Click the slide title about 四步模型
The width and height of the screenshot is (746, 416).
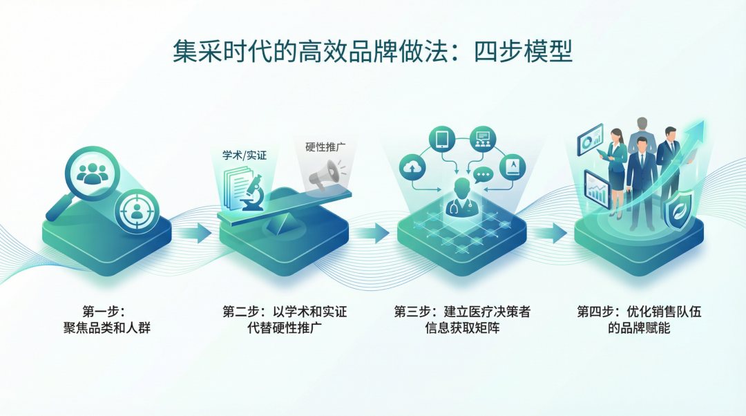pyautogui.click(x=373, y=53)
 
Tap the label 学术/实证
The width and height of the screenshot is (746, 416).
pyautogui.click(x=244, y=155)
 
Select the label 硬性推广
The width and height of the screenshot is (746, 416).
pyautogui.click(x=326, y=146)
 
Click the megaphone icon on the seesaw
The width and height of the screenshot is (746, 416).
pyautogui.click(x=325, y=176)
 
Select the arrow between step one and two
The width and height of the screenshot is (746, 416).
pyautogui.click(x=195, y=233)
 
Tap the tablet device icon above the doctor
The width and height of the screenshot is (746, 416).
pyautogui.click(x=442, y=139)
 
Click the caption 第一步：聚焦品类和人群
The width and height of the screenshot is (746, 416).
pyautogui.click(x=106, y=320)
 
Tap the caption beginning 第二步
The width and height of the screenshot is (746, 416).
pyautogui.click(x=285, y=320)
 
